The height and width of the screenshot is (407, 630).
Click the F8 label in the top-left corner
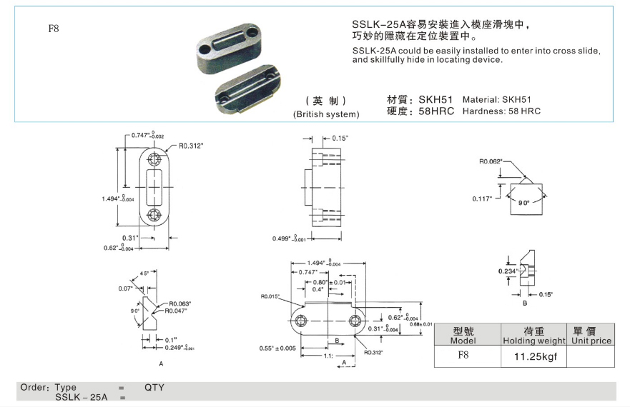click(x=53, y=29)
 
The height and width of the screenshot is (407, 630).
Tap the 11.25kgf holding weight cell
click(x=531, y=355)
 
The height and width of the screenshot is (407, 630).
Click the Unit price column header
click(x=591, y=341)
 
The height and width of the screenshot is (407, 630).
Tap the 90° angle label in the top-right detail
click(x=524, y=203)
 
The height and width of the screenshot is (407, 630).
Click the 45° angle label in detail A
click(x=144, y=273)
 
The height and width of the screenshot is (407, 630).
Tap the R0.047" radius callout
click(x=179, y=311)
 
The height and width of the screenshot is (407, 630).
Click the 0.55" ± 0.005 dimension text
click(x=278, y=348)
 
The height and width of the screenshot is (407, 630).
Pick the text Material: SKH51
click(x=497, y=99)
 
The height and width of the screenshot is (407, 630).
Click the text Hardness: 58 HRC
click(x=501, y=111)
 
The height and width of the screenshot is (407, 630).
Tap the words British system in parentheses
click(x=326, y=114)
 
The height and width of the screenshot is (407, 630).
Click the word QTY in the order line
click(x=154, y=388)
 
